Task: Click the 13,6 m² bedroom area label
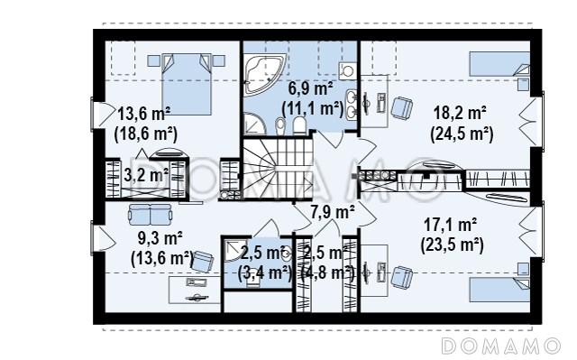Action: tap(144, 114)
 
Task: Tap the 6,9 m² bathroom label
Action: tap(310, 88)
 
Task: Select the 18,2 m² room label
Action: tap(460, 113)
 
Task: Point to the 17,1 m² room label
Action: tap(451, 224)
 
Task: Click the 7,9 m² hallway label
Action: tap(333, 212)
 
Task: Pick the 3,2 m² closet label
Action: tap(146, 175)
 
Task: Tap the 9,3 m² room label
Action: tap(160, 238)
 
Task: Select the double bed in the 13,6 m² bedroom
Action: tap(187, 84)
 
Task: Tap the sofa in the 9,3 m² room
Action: tap(151, 215)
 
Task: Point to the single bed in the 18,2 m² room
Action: tap(499, 64)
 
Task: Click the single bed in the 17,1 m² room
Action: tap(499, 290)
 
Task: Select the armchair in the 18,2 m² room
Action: tap(401, 107)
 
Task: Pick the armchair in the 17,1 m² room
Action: tap(401, 277)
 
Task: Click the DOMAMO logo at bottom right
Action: tap(501, 346)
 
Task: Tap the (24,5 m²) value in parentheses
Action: tap(462, 134)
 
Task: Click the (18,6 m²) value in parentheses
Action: tap(146, 134)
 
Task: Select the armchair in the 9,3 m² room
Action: tap(203, 262)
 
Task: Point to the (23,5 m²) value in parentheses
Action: tap(452, 245)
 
